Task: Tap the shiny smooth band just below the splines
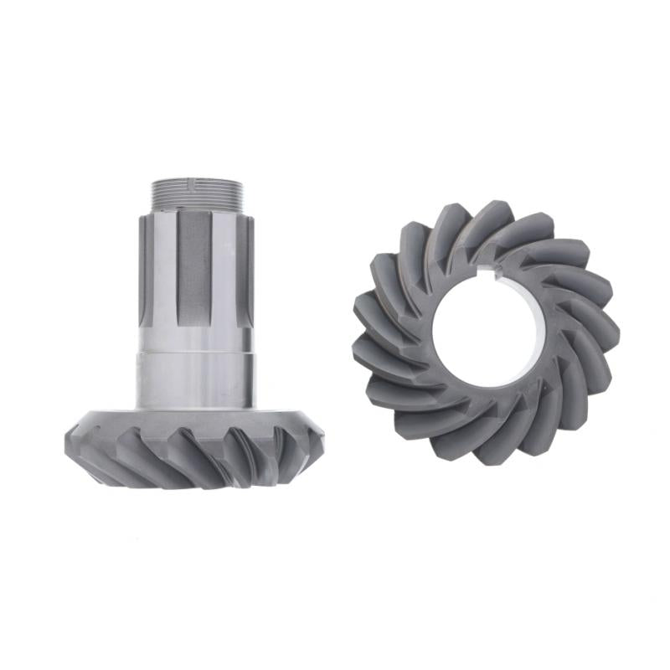[x=195, y=335]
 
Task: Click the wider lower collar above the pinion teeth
[x=195, y=381]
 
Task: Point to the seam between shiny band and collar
[x=195, y=353]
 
